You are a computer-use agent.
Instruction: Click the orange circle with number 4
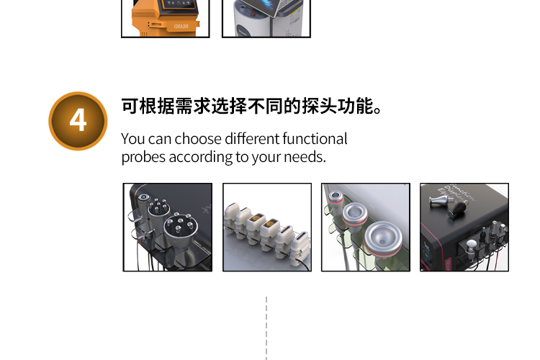[x=78, y=120]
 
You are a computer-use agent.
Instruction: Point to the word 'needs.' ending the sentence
[x=306, y=157]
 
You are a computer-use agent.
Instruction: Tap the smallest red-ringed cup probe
[x=335, y=196]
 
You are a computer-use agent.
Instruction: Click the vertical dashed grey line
[x=266, y=328]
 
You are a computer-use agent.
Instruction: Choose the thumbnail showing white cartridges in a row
[x=267, y=227]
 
